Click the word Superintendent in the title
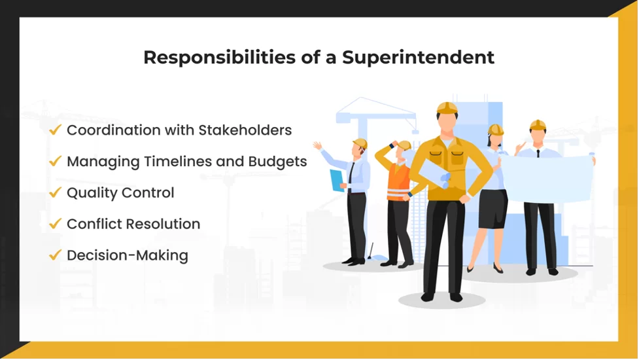tap(419, 57)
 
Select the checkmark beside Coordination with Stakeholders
tap(55, 130)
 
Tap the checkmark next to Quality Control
tap(55, 192)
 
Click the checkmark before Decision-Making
tap(55, 255)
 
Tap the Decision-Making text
tap(127, 255)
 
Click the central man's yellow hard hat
tap(447, 108)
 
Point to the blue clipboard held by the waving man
tap(337, 179)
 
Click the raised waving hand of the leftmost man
tap(317, 145)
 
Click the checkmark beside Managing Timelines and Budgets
tap(55, 161)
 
